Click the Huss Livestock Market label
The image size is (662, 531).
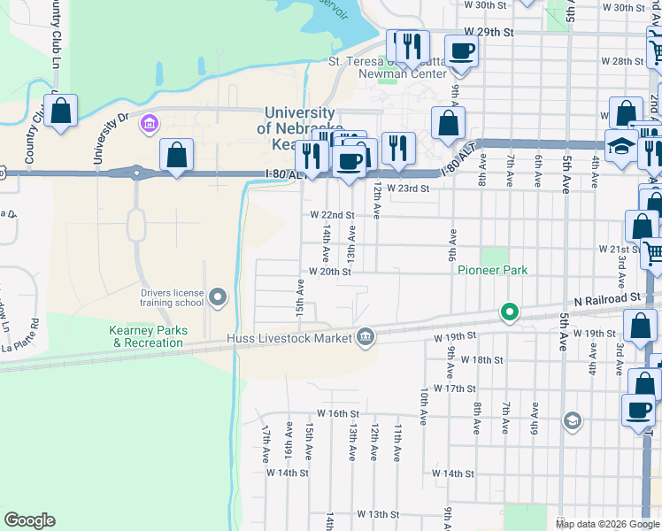tap(289, 337)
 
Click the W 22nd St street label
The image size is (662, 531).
tap(332, 215)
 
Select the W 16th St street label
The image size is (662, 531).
tap(337, 413)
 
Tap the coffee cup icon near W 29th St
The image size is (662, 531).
tap(460, 50)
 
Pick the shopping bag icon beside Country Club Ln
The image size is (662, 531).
tap(60, 112)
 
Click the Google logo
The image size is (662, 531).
tap(29, 520)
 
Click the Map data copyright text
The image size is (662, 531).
tap(606, 524)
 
